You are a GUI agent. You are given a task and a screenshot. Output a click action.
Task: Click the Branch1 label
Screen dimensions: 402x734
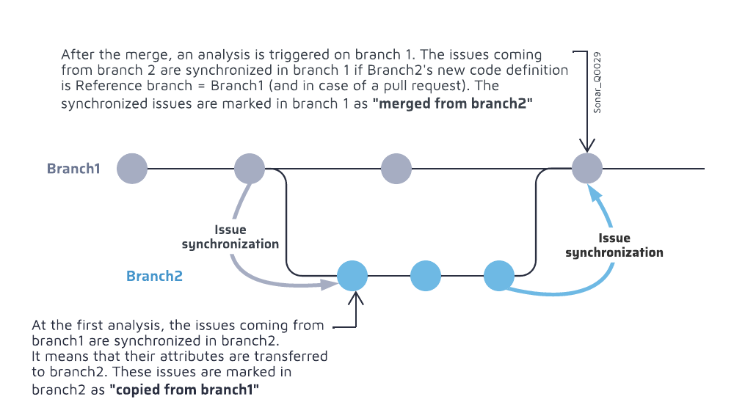[x=73, y=169]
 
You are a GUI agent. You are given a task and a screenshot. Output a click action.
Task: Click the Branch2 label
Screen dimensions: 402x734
[x=154, y=277]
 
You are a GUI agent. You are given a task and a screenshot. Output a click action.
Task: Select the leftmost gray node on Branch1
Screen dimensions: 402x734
[x=132, y=168]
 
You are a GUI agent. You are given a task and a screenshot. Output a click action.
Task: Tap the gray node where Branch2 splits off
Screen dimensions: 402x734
[x=250, y=168]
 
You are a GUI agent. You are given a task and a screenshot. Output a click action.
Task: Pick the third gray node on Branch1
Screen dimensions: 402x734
[x=396, y=168]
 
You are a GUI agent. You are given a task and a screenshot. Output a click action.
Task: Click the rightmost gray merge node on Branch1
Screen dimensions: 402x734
[x=587, y=168]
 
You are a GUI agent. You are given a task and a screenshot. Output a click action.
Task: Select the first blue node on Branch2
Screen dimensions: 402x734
[x=352, y=277]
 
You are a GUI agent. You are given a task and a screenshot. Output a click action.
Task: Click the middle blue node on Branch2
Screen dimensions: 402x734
[x=426, y=277]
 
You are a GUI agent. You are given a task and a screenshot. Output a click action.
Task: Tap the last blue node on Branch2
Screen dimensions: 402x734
[x=499, y=277]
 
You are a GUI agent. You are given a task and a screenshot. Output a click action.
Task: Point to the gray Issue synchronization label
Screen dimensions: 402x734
[x=230, y=237]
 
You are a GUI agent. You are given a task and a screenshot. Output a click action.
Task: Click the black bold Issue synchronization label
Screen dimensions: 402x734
[x=614, y=245]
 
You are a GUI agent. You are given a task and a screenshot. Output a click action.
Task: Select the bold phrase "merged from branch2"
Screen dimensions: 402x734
[x=452, y=104]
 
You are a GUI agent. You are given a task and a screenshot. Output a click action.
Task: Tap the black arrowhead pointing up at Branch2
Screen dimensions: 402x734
[x=356, y=297]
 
